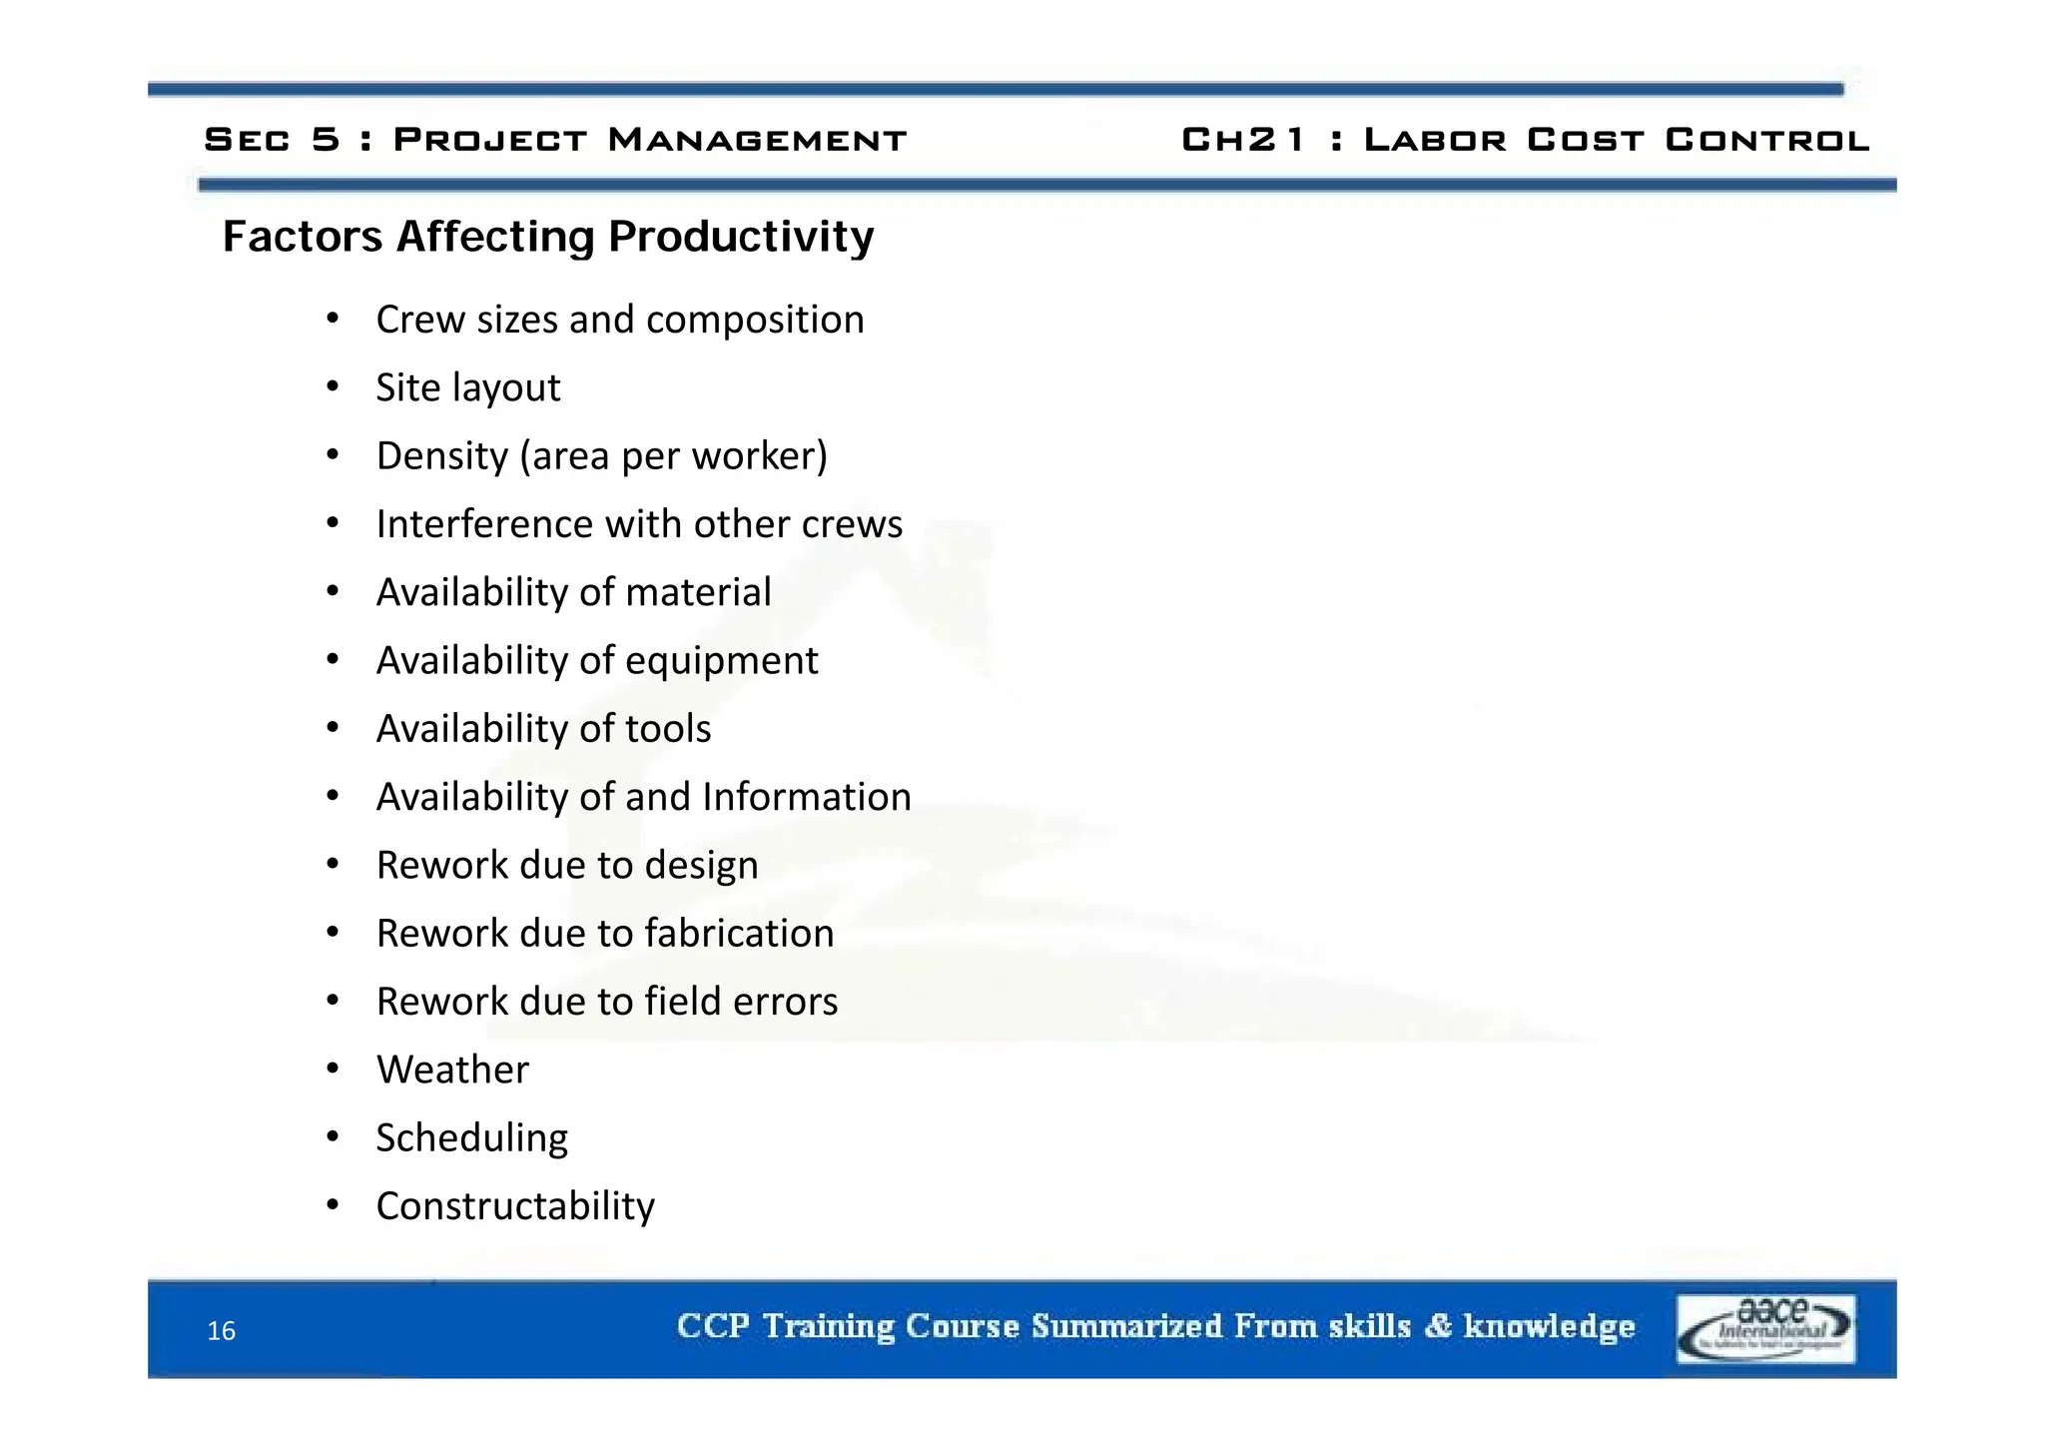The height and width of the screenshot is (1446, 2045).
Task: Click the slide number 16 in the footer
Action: [221, 1330]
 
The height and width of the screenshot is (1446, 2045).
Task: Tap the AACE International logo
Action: [1765, 1328]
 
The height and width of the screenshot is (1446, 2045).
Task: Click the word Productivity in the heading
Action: [741, 237]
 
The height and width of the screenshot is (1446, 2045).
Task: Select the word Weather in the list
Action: [452, 1070]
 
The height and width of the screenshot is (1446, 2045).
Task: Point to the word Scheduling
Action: [471, 1137]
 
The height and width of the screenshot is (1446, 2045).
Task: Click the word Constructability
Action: [515, 1206]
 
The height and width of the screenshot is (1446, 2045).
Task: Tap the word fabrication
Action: [739, 933]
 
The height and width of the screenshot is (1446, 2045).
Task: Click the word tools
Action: [668, 729]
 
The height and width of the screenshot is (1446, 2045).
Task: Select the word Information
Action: [807, 797]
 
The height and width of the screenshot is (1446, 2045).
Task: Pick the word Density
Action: [442, 456]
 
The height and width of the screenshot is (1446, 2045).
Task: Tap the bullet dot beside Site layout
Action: [334, 386]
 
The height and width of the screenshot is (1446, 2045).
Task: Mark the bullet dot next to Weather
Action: [334, 1069]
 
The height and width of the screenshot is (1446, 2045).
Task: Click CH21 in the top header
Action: [1243, 140]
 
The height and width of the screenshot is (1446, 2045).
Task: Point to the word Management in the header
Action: [757, 140]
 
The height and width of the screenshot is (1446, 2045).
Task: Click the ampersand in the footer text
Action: [1438, 1326]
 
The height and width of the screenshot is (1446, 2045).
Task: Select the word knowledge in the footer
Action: [1549, 1326]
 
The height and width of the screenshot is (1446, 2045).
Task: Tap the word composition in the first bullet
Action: [755, 321]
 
